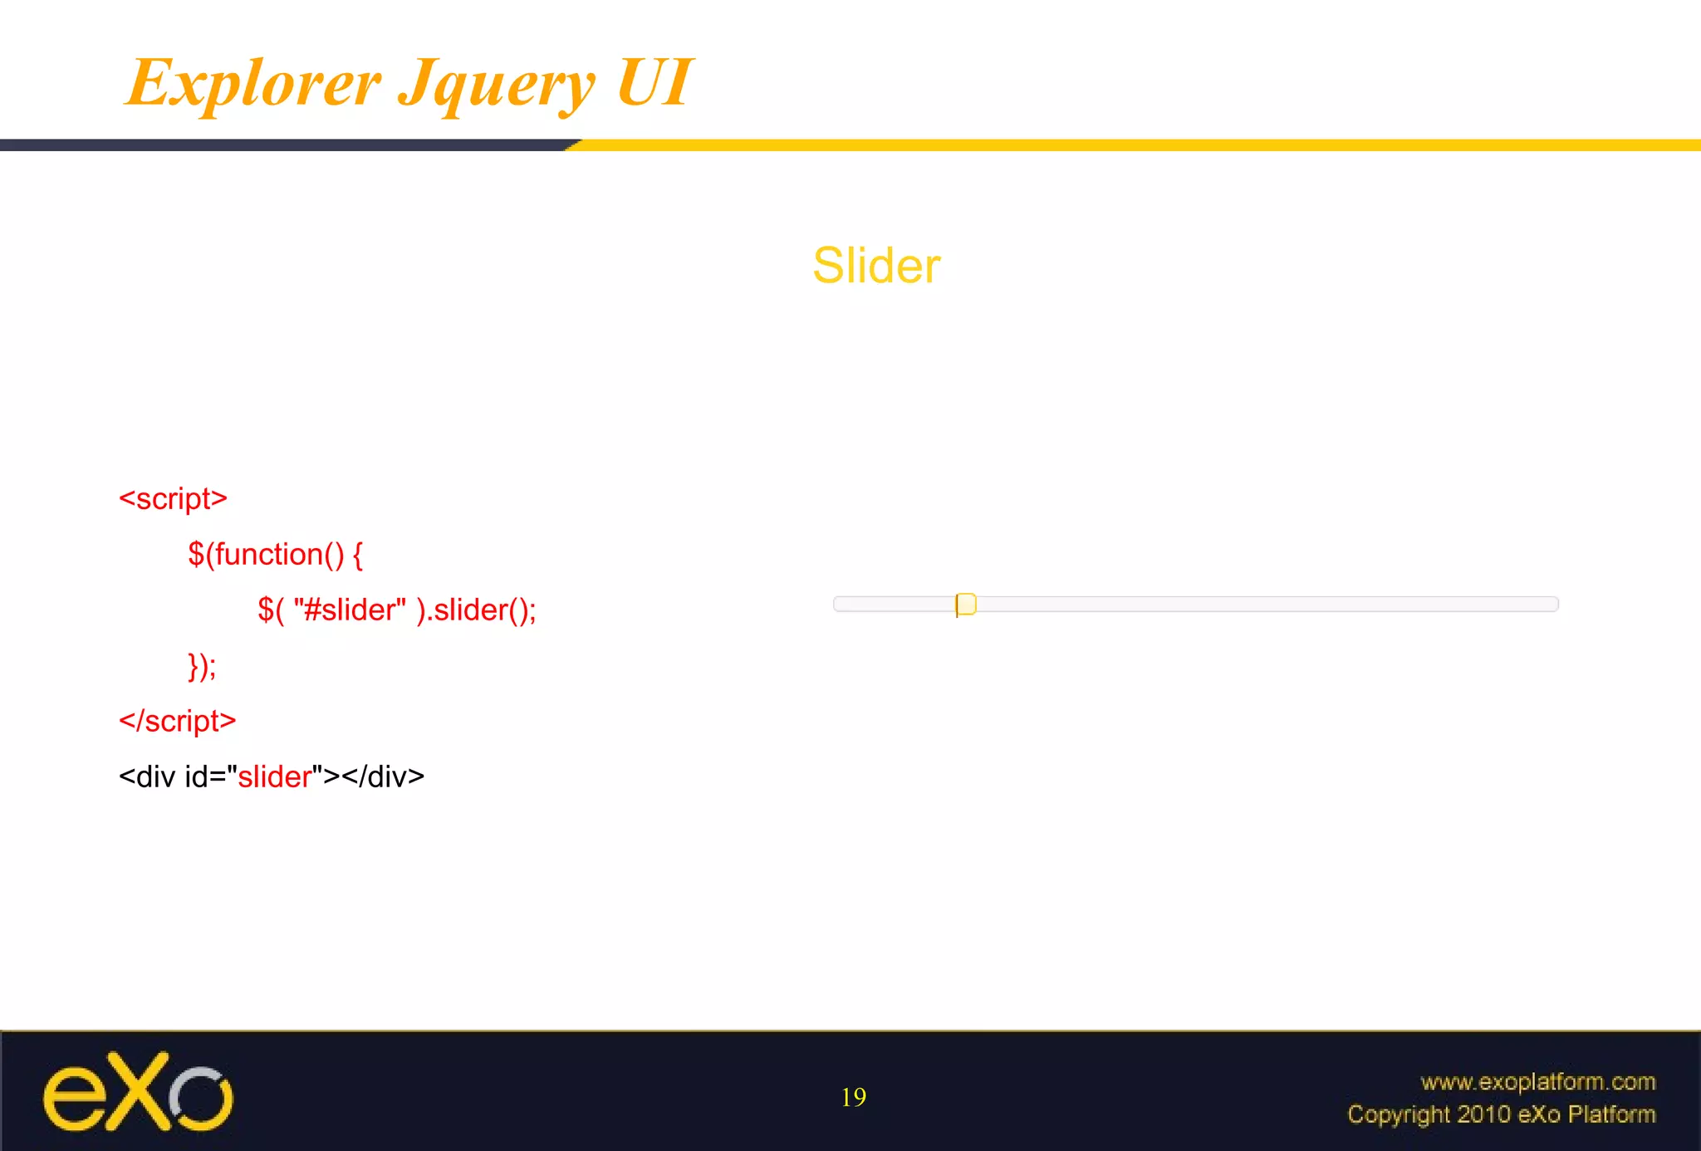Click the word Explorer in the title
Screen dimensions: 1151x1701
click(253, 83)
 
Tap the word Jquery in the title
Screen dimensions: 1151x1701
click(497, 85)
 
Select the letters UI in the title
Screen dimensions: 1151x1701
click(654, 82)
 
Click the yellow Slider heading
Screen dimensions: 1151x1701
click(876, 266)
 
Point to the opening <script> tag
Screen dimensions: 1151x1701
click(173, 498)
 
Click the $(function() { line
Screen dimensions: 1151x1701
click(275, 554)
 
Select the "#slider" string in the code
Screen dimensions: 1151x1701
click(350, 610)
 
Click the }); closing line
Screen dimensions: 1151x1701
click(202, 665)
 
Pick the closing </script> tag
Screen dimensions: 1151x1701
click(177, 721)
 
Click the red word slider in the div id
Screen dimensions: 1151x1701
click(274, 776)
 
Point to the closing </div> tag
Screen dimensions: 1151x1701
click(382, 776)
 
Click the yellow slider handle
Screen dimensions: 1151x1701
click(966, 604)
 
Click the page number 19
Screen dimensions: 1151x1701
click(853, 1097)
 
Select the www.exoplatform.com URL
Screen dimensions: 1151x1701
click(1537, 1081)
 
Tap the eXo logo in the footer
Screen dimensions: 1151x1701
click(138, 1093)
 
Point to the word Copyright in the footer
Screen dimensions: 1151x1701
click(1398, 1114)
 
